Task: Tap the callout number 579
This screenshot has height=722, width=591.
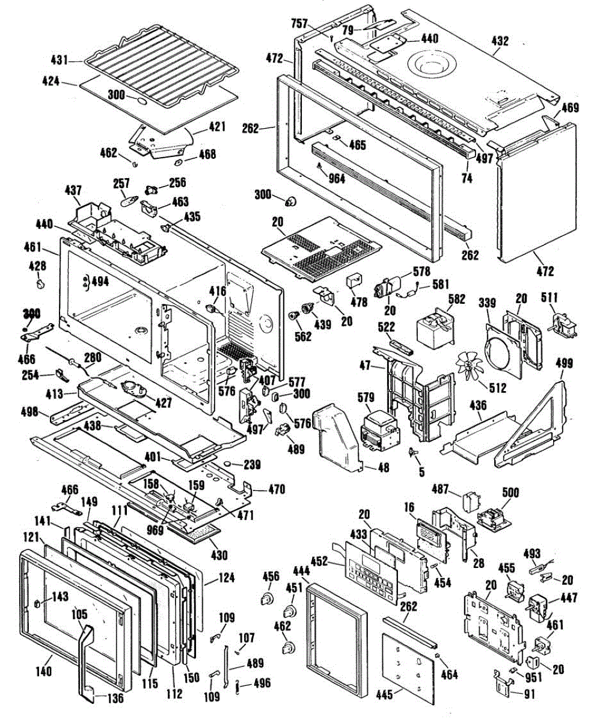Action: click(367, 398)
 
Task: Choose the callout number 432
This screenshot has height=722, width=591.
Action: click(500, 41)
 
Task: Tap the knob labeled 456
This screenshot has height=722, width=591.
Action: click(265, 598)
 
